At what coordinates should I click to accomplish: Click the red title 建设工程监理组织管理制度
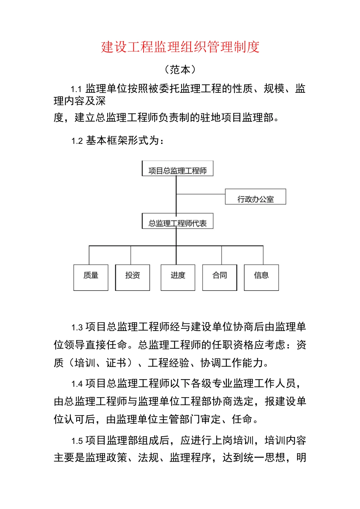(180, 47)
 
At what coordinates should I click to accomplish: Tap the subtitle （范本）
(180, 70)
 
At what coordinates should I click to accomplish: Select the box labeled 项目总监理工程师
(177, 169)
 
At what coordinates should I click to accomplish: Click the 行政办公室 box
(255, 197)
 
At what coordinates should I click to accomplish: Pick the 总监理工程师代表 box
(177, 222)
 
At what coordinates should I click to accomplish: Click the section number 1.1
(76, 89)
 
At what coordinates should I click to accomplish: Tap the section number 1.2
(77, 141)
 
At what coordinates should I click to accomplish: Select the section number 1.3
(77, 328)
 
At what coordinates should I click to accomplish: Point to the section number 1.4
(77, 384)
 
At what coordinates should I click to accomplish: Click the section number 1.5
(77, 441)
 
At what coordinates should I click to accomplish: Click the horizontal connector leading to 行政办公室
(201, 194)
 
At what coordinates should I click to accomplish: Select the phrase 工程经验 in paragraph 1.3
(169, 363)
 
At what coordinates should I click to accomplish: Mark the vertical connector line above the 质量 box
(89, 255)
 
